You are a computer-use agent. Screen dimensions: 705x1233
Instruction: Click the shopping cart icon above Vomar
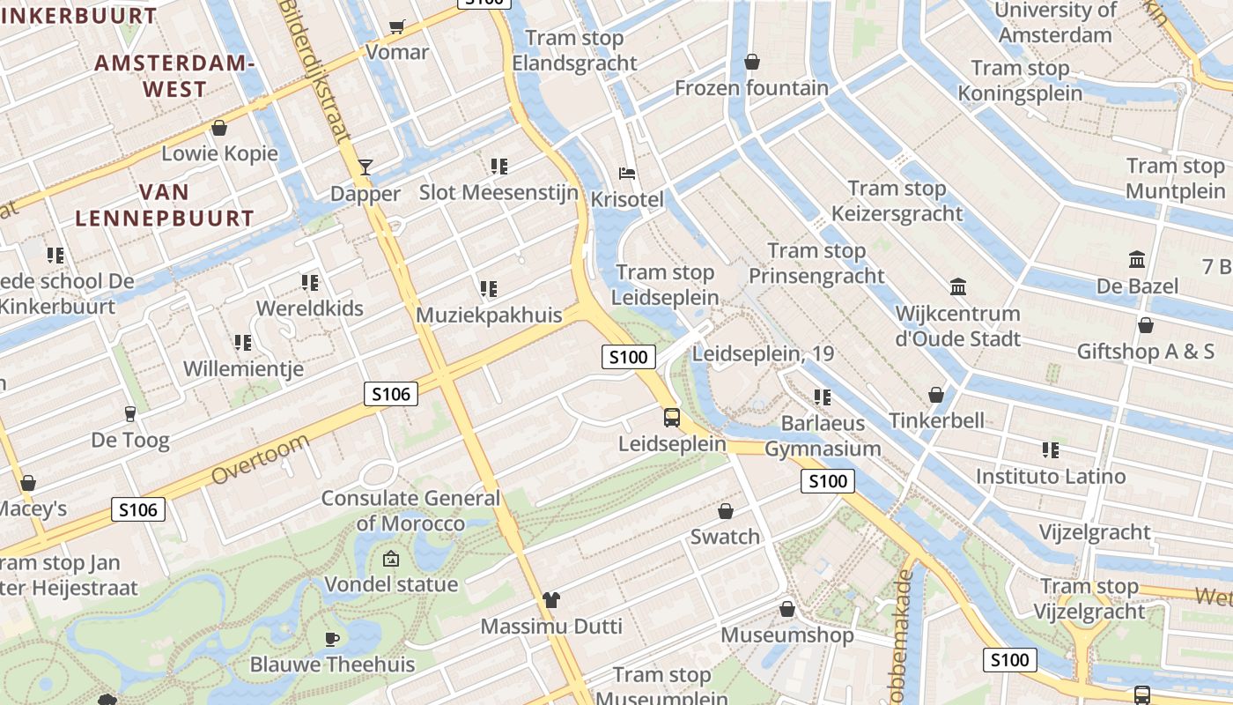tap(397, 26)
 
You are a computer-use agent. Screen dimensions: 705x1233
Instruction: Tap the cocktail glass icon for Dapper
tap(365, 167)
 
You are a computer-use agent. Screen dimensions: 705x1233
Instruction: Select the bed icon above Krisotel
tap(627, 173)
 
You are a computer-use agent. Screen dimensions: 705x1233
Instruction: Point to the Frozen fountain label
tap(751, 88)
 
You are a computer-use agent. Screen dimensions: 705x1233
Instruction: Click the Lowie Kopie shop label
tap(219, 153)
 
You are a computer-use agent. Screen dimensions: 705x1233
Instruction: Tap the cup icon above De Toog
tap(130, 413)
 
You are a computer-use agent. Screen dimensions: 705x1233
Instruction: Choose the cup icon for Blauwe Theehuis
tap(332, 639)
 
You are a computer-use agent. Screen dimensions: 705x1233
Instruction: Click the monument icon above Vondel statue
tap(390, 558)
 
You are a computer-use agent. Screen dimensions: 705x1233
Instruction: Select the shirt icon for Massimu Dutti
tap(551, 600)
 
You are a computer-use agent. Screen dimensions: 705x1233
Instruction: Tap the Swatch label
tap(725, 537)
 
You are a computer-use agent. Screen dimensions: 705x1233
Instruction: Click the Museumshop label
tap(786, 635)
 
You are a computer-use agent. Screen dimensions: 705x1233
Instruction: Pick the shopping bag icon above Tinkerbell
tap(936, 395)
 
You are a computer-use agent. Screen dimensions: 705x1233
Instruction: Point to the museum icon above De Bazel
tap(1137, 260)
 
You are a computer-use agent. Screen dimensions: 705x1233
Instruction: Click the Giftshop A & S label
tap(1145, 352)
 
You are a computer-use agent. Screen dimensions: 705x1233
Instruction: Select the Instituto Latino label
tap(1050, 477)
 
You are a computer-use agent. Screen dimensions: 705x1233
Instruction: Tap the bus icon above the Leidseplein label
tap(672, 417)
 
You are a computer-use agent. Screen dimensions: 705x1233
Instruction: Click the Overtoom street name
tap(261, 458)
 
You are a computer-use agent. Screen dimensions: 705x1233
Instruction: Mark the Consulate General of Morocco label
tap(410, 510)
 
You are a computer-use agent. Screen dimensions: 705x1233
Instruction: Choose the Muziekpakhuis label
tap(488, 315)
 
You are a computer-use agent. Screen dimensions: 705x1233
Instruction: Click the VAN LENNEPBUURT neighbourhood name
tap(165, 205)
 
